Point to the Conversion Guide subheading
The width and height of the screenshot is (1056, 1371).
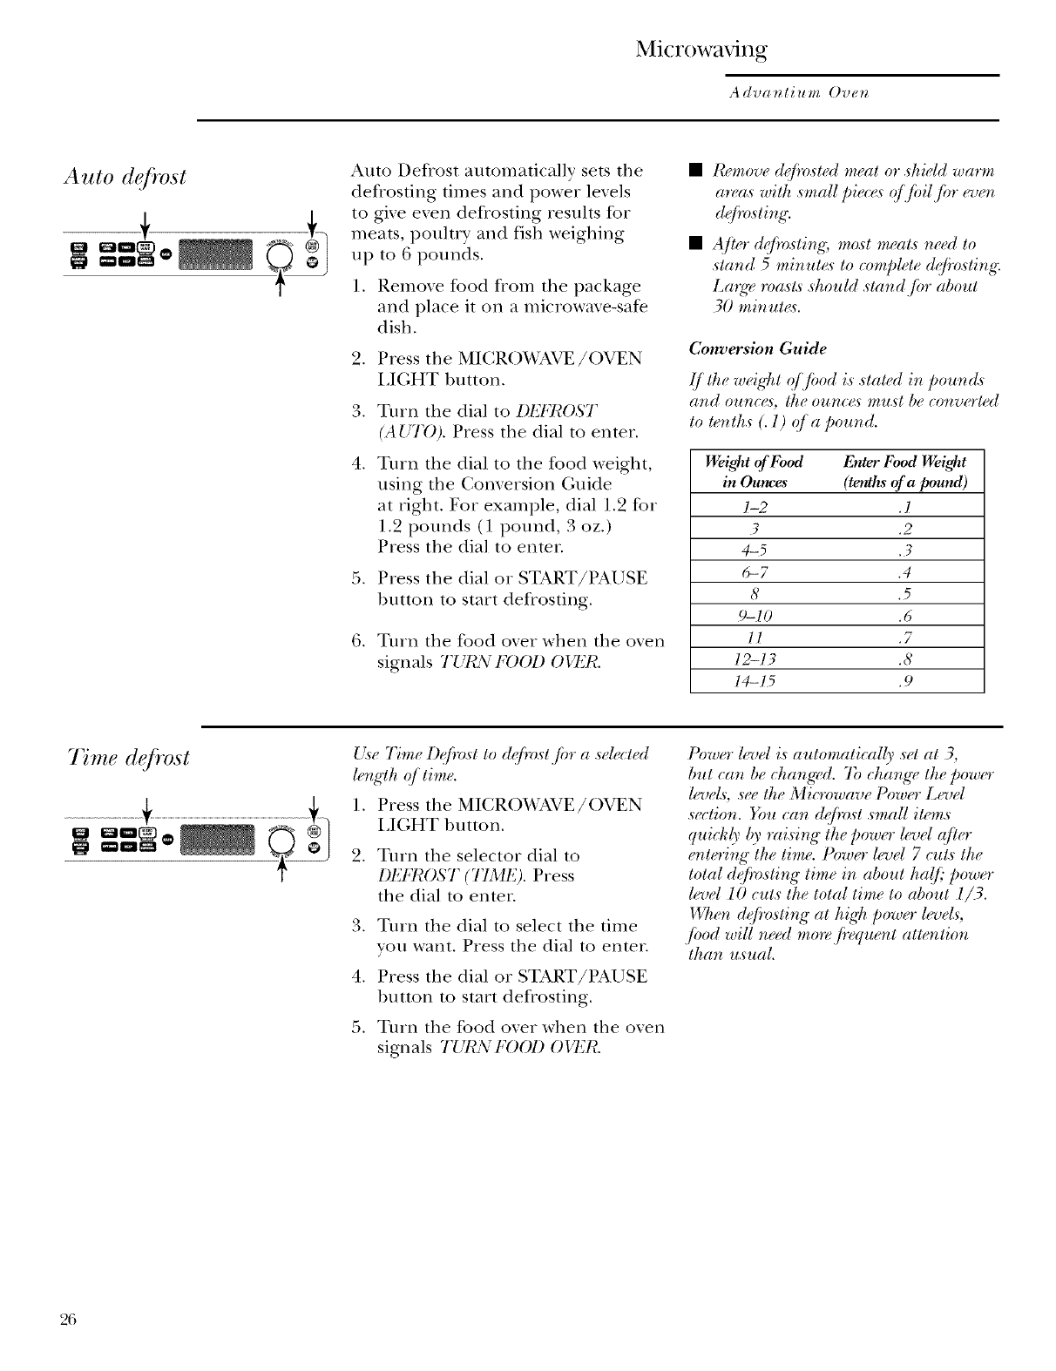click(757, 348)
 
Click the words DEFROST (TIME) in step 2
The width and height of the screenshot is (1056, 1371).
click(432, 875)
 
